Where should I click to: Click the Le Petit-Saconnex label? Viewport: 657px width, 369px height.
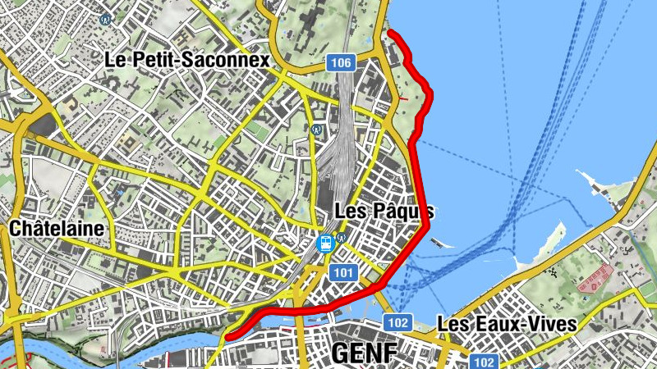187,60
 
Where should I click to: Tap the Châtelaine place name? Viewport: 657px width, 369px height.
57,228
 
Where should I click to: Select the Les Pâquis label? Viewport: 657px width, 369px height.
384,211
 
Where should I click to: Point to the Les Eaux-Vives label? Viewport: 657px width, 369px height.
506,323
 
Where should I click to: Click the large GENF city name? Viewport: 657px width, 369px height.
365,353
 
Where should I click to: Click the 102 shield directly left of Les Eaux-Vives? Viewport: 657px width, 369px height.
397,321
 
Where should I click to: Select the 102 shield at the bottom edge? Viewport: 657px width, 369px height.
484,362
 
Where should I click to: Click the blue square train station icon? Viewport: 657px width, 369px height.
325,243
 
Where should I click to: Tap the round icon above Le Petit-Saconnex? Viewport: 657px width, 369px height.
105,19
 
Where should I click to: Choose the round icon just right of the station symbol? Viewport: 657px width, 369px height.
341,238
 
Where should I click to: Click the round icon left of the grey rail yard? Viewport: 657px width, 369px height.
317,129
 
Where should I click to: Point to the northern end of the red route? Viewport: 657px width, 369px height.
390,32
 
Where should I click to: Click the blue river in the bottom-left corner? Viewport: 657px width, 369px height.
49,344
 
